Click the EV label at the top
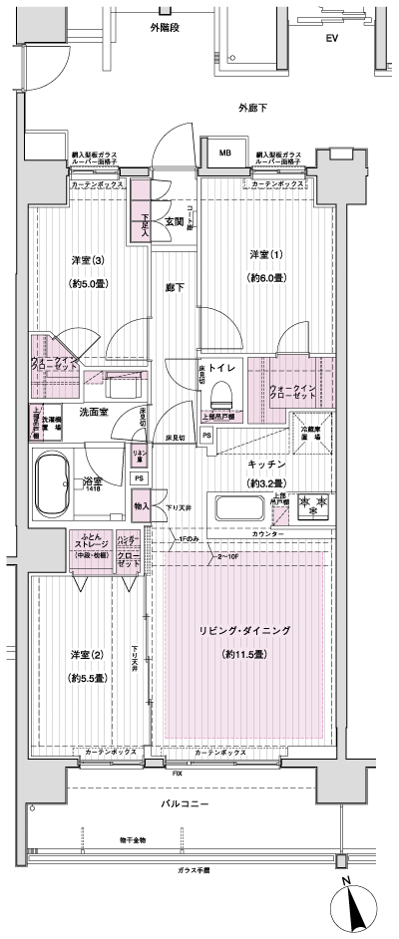click(x=332, y=39)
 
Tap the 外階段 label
click(x=167, y=27)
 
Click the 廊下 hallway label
click(x=174, y=288)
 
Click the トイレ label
click(x=221, y=366)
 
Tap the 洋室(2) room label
click(x=88, y=653)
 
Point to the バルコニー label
click(x=187, y=801)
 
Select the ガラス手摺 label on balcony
click(x=187, y=869)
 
